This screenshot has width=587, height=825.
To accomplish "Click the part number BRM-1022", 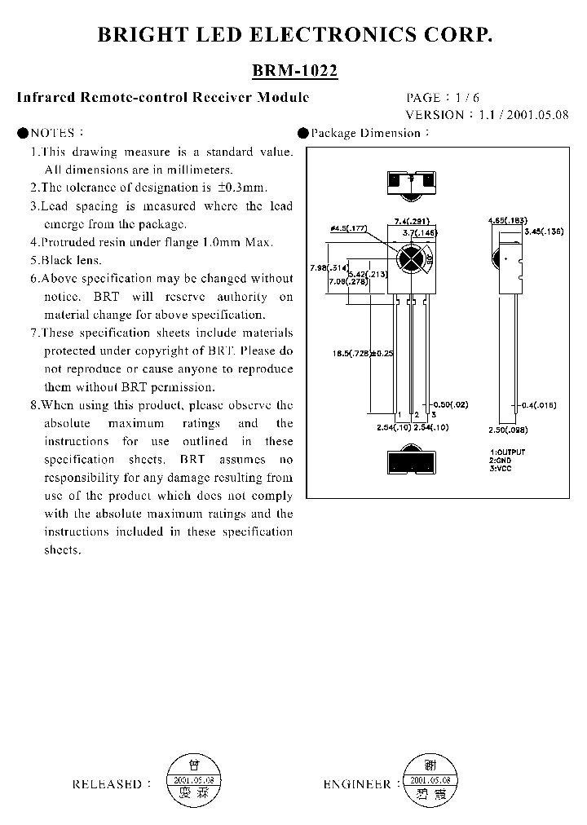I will click(x=294, y=71).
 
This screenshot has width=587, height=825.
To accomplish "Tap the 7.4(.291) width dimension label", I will click(x=413, y=222).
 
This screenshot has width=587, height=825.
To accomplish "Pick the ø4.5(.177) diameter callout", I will click(x=346, y=230).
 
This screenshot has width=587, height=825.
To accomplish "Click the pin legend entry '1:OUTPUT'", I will click(x=508, y=452).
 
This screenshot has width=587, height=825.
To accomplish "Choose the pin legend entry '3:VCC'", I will click(x=501, y=468).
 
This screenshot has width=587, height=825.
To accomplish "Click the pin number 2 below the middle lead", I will click(x=416, y=415).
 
